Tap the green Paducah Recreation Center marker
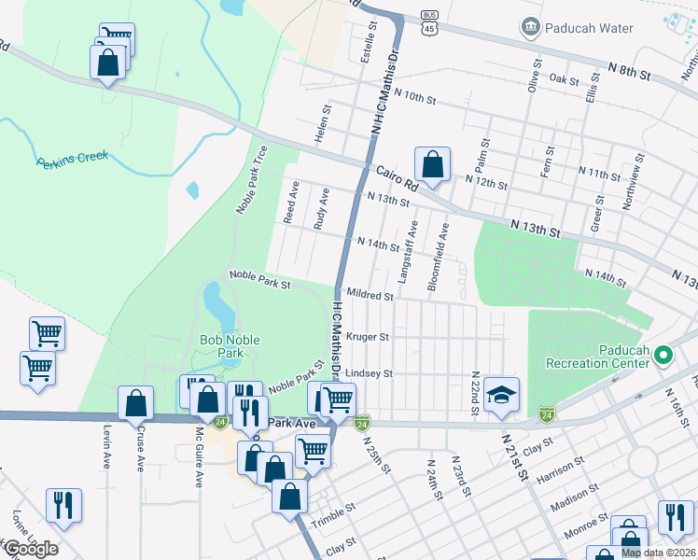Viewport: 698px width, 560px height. click(x=663, y=355)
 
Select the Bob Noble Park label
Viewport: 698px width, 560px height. click(x=230, y=346)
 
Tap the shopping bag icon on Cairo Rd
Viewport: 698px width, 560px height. click(x=432, y=165)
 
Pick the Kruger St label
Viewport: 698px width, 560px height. click(x=367, y=335)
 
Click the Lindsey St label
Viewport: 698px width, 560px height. click(x=369, y=373)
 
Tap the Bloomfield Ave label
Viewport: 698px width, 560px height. click(x=439, y=257)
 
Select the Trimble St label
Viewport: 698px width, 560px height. click(x=334, y=516)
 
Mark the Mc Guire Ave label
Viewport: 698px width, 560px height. click(x=200, y=457)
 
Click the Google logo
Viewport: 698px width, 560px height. click(x=30, y=548)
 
